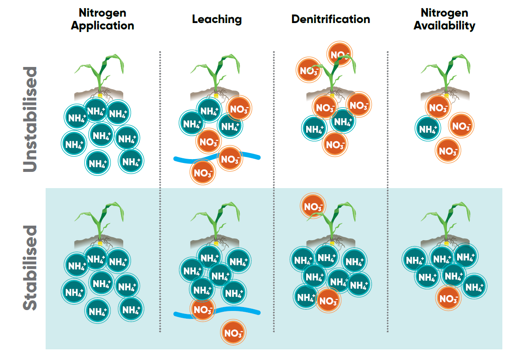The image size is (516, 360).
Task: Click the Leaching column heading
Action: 217,19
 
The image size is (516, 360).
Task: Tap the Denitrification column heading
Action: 330,19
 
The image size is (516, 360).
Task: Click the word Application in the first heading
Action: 102,26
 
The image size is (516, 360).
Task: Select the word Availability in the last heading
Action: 444,26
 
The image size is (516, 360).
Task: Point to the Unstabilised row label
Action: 30,119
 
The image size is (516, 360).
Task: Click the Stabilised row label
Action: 30,268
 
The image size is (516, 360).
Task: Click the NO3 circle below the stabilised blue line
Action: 233,332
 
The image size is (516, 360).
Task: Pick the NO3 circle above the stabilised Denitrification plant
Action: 313,207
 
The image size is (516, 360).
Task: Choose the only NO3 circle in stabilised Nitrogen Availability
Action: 448,299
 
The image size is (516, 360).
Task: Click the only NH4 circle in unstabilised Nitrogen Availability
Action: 428,128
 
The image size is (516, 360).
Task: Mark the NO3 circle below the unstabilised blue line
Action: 203,173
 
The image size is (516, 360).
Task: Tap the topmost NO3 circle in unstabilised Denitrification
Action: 339,54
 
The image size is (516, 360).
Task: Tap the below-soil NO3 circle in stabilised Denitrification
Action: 328,301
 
